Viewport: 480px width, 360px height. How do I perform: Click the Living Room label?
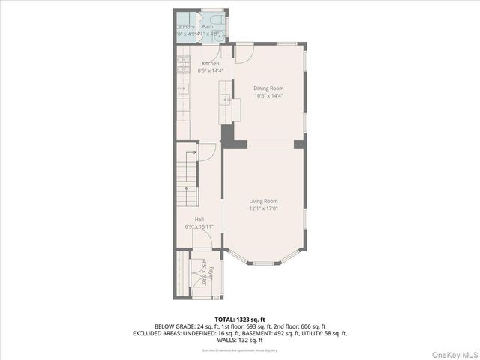coord(263,201)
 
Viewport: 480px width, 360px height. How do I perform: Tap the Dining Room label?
coord(268,88)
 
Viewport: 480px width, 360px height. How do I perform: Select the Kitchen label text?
coord(210,64)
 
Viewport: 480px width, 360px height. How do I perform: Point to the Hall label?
coord(199,220)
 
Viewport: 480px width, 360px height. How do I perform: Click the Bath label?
coord(207,27)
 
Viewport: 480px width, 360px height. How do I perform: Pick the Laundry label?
coord(185,27)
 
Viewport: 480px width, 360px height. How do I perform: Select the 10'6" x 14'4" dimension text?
coord(268,95)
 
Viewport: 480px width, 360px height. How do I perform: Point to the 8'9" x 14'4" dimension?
coord(210,70)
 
